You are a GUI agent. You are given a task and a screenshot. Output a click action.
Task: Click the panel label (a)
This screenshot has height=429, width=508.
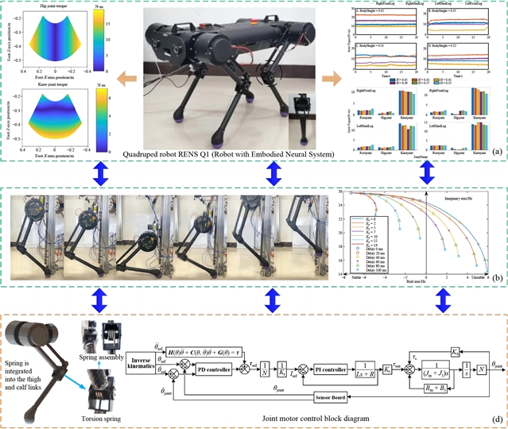[x=495, y=149]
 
